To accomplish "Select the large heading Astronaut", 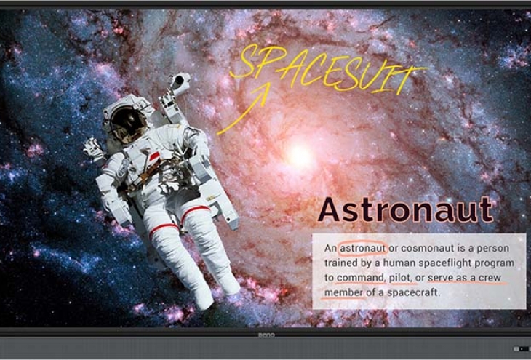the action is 405,209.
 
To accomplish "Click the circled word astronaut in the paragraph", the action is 362,248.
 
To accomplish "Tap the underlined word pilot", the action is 401,278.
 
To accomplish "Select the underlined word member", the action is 344,292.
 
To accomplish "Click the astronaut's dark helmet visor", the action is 128,124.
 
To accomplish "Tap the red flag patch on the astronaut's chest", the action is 154,156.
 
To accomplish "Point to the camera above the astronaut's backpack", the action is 180,82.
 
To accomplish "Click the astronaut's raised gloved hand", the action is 93,150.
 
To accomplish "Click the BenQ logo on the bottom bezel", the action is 266,335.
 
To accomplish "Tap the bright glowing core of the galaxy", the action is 300,156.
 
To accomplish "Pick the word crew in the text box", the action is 490,278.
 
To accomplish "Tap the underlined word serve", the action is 440,278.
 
